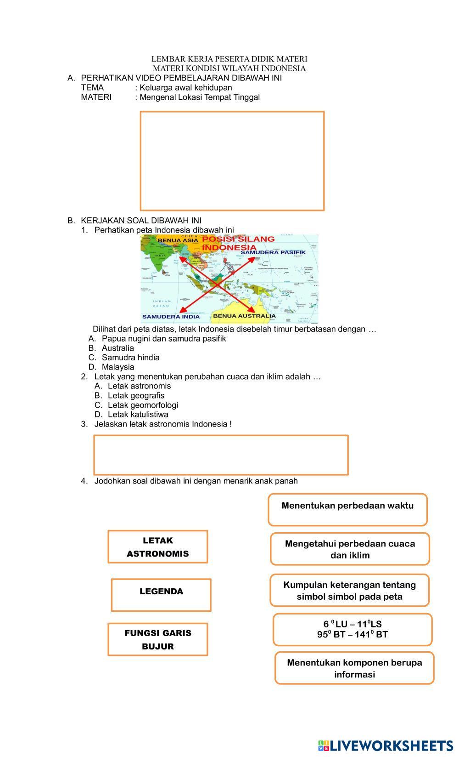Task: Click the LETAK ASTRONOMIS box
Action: pyautogui.click(x=157, y=546)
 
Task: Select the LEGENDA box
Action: pyautogui.click(x=161, y=595)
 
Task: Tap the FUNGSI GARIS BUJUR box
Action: pyautogui.click(x=157, y=639)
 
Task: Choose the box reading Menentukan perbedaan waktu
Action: pyautogui.click(x=347, y=509)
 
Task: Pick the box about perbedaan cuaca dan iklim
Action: pyautogui.click(x=350, y=549)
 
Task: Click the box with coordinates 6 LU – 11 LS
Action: pyautogui.click(x=353, y=629)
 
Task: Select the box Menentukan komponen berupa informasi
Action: pyautogui.click(x=354, y=668)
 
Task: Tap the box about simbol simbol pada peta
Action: pyautogui.click(x=349, y=590)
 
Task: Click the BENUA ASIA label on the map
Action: pyautogui.click(x=178, y=240)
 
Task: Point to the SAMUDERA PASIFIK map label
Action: pyautogui.click(x=273, y=252)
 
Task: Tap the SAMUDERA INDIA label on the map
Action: pyautogui.click(x=171, y=317)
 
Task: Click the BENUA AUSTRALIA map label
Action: pyautogui.click(x=244, y=316)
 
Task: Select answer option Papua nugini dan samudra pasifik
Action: pyautogui.click(x=163, y=339)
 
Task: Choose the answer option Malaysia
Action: pyautogui.click(x=118, y=367)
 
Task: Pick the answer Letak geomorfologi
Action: pyautogui.click(x=143, y=405)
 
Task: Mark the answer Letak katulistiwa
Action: pyautogui.click(x=138, y=415)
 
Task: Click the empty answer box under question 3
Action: pyautogui.click(x=221, y=455)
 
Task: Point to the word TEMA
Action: pyautogui.click(x=92, y=87)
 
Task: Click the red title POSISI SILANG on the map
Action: pyautogui.click(x=239, y=239)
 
